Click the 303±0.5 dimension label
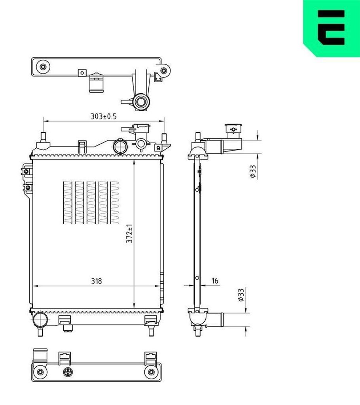pyautogui.click(x=103, y=117)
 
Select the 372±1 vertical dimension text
pyautogui.click(x=129, y=233)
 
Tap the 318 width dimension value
pyautogui.click(x=97, y=281)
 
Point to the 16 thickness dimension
pyautogui.click(x=215, y=280)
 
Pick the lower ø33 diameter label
pyautogui.click(x=241, y=295)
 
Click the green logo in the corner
pyautogui.click(x=331, y=28)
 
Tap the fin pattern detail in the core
pyautogui.click(x=91, y=202)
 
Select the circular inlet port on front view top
pyautogui.click(x=120, y=146)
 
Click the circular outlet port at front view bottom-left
pyautogui.click(x=40, y=320)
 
